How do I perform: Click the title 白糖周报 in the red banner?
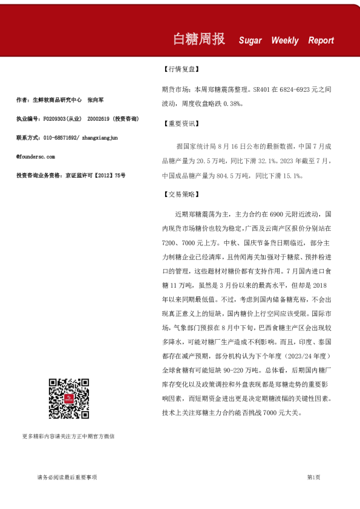click(199, 40)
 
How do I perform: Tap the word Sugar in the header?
click(250, 41)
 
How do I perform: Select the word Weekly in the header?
click(285, 41)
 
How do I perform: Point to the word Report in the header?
click(321, 41)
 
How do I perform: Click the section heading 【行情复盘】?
click(180, 70)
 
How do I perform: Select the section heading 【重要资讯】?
click(180, 124)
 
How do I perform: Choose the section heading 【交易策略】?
click(180, 195)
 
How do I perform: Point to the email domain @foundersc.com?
click(36, 156)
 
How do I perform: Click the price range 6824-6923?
click(293, 88)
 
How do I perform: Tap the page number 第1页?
click(313, 478)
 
